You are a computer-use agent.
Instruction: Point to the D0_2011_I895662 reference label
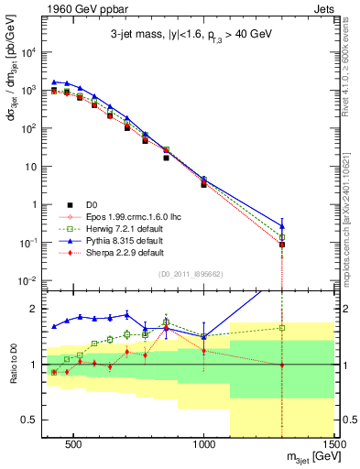coord(190,273)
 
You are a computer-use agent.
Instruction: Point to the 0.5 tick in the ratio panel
coord(35,420)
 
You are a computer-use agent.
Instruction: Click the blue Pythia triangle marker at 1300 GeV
coord(282,225)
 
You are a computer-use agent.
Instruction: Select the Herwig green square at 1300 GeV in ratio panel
coord(282,327)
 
